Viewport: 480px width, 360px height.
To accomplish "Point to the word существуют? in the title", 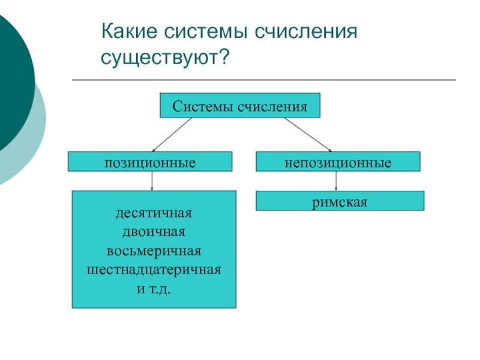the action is tap(166, 58).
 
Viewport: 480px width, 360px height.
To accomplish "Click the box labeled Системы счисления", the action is tap(240, 106).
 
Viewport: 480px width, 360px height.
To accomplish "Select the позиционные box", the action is tap(150, 162).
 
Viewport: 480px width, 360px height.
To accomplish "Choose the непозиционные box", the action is tap(338, 162).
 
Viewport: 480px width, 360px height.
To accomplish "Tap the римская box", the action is tap(340, 201).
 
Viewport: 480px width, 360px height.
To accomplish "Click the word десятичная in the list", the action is tap(154, 213).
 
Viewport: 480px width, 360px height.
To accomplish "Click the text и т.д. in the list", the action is tap(154, 289).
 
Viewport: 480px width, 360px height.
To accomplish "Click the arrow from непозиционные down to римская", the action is tap(336, 181).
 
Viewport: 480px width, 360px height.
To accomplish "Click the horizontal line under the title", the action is tap(264, 80).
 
